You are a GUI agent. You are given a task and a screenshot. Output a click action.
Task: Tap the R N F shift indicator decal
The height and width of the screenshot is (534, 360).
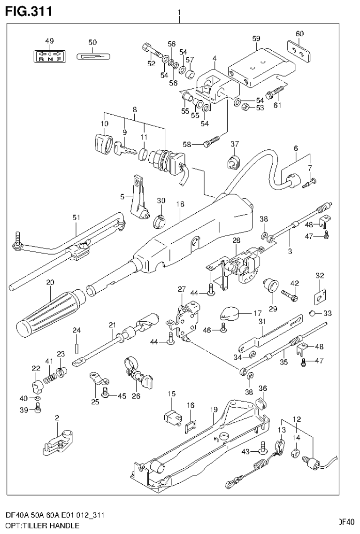click(x=50, y=56)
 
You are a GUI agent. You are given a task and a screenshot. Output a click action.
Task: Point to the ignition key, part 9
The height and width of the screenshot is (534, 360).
click(x=124, y=149)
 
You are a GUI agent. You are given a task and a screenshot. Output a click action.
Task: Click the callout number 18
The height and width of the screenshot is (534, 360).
click(x=180, y=204)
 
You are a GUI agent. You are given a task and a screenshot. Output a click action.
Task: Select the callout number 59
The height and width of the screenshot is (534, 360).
click(x=256, y=38)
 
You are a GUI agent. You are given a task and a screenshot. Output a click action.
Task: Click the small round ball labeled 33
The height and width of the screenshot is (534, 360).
click(x=313, y=313)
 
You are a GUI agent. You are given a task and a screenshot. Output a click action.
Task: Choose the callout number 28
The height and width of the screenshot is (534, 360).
click(x=236, y=240)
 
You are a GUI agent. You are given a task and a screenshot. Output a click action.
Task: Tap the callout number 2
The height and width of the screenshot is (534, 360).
click(x=57, y=418)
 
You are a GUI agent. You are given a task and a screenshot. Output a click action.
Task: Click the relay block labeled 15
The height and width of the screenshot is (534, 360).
click(x=171, y=416)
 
